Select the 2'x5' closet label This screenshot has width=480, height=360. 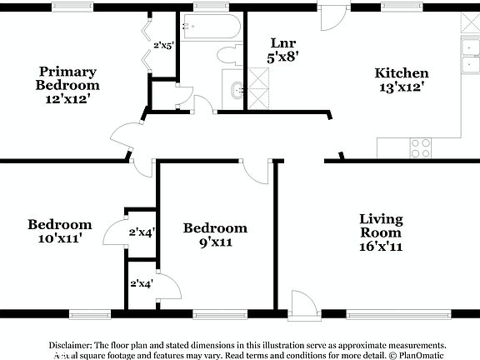164,46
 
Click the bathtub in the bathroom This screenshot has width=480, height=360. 209,30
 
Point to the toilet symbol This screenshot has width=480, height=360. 227,56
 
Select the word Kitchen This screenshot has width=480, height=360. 401,73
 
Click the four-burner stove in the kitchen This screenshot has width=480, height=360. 421,147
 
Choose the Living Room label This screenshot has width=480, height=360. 381,227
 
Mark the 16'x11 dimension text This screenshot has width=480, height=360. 381,247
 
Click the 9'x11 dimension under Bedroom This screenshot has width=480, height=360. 215,242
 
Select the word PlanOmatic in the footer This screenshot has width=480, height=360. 422,355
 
